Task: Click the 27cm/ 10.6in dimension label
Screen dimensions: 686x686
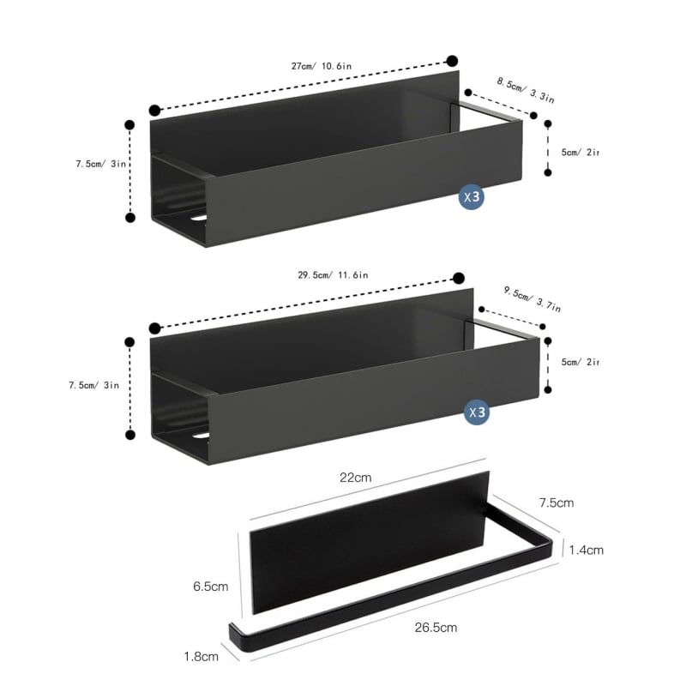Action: (x=319, y=65)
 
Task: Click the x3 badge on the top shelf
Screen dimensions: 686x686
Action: (x=472, y=197)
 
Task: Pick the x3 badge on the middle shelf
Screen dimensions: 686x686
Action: (x=477, y=412)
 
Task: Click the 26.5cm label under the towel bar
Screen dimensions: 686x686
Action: (x=436, y=627)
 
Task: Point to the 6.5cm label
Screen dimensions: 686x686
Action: (x=210, y=587)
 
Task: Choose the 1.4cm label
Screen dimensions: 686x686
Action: (x=586, y=550)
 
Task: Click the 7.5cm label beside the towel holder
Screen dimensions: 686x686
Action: (x=556, y=502)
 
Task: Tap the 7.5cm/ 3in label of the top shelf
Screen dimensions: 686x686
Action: (x=101, y=164)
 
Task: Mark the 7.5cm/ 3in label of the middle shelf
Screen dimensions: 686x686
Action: (x=94, y=385)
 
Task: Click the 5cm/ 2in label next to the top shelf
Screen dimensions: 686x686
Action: (x=581, y=152)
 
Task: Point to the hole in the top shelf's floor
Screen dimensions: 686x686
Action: (x=200, y=220)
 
